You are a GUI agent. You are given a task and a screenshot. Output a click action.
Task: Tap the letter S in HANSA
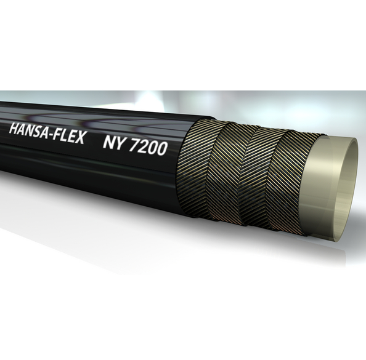pyautogui.click(x=38, y=130)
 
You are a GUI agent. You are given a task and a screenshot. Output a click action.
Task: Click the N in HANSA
pyautogui.click(x=30, y=130)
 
